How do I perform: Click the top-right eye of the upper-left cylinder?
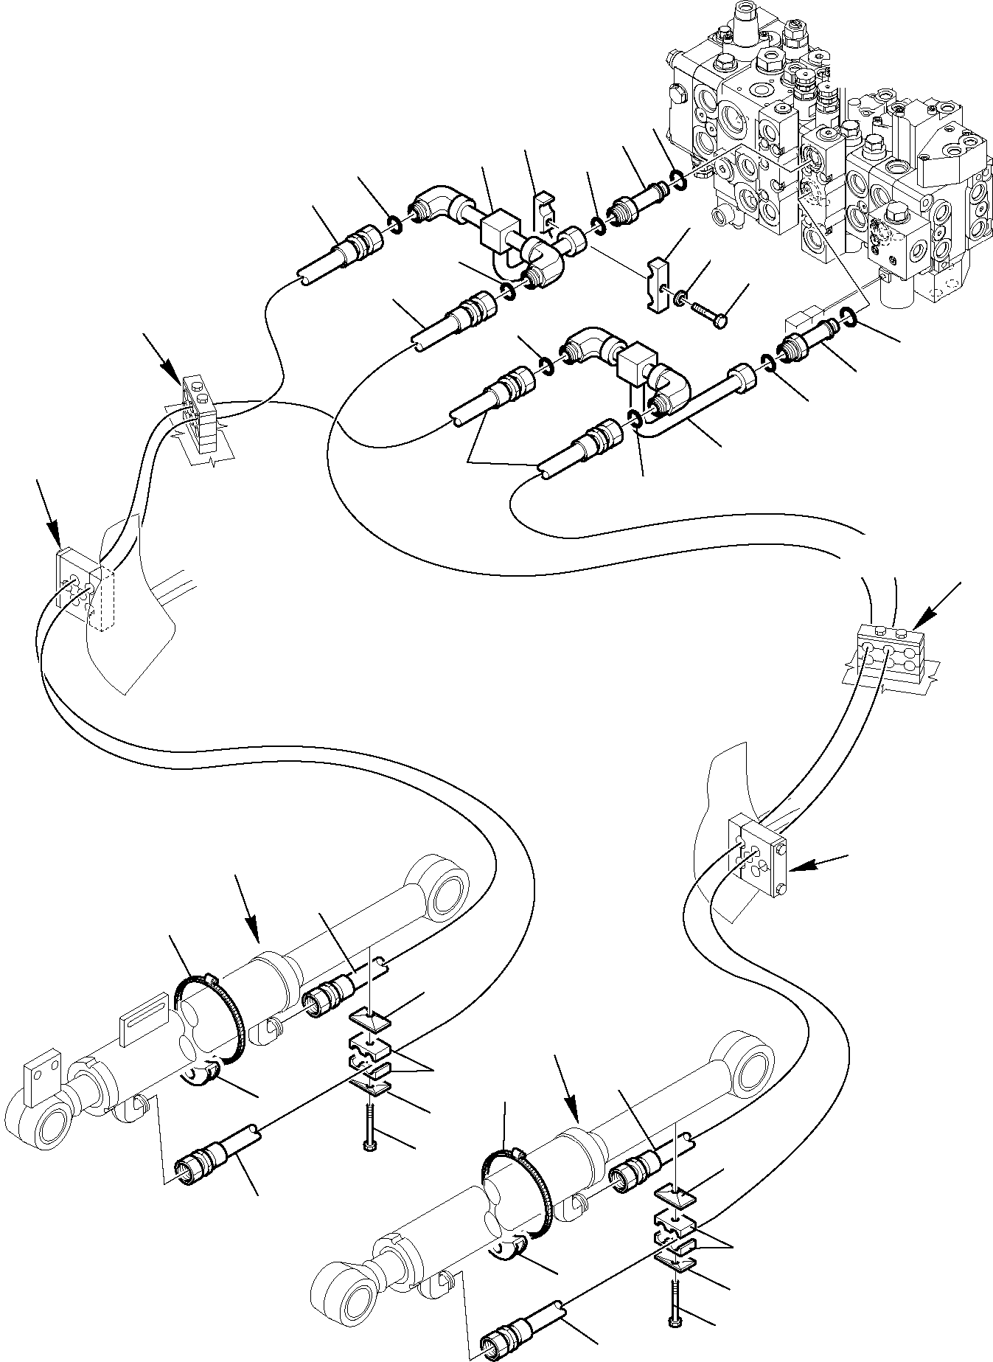point(445,885)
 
